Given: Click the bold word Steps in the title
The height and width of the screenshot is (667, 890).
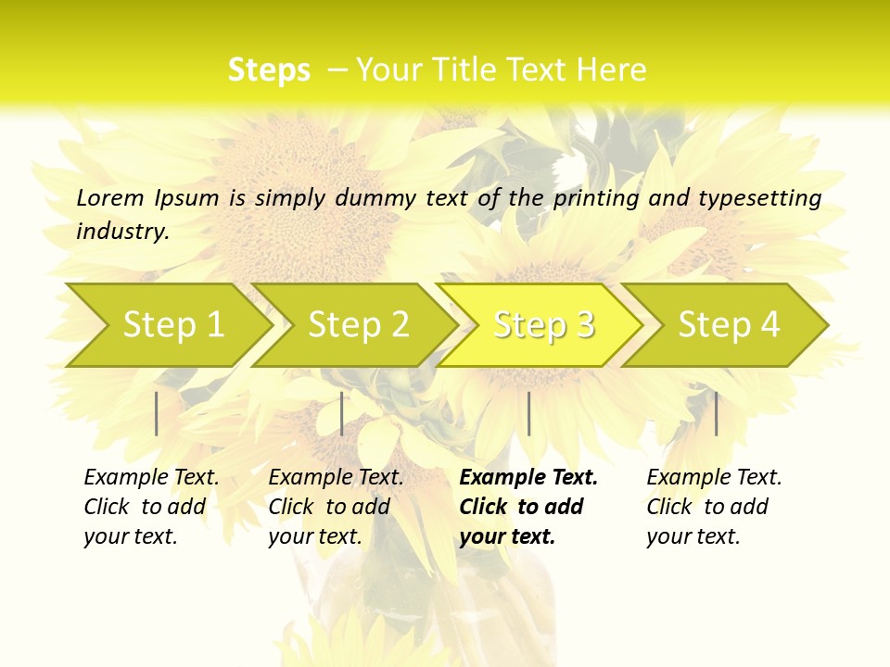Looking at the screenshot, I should [269, 69].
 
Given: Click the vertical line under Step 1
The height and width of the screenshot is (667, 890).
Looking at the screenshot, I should [157, 413].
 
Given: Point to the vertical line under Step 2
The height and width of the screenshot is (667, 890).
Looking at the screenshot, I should [342, 413].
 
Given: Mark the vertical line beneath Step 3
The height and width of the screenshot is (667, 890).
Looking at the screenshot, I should [528, 413].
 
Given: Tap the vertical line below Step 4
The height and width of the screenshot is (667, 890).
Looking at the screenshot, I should [716, 413].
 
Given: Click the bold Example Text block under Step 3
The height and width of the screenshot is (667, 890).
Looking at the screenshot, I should [528, 507].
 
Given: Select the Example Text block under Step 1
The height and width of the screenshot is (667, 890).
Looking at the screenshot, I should [151, 507].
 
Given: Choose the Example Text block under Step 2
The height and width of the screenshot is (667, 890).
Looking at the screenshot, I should [336, 507].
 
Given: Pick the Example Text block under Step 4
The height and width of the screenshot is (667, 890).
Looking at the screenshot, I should [714, 507].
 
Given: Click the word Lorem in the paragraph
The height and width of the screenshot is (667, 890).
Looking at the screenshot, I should [110, 197].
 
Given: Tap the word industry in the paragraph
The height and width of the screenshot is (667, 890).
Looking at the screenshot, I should [122, 231].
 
